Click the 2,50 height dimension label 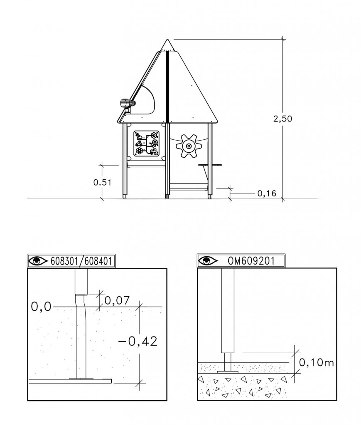pos(282,119)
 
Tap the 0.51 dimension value pos(102,182)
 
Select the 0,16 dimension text pos(267,193)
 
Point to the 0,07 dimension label pos(117,300)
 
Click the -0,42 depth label pos(138,341)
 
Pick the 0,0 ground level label pos(41,307)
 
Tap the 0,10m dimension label pos(316,362)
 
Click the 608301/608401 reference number pos(81,261)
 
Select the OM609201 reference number pos(251,261)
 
